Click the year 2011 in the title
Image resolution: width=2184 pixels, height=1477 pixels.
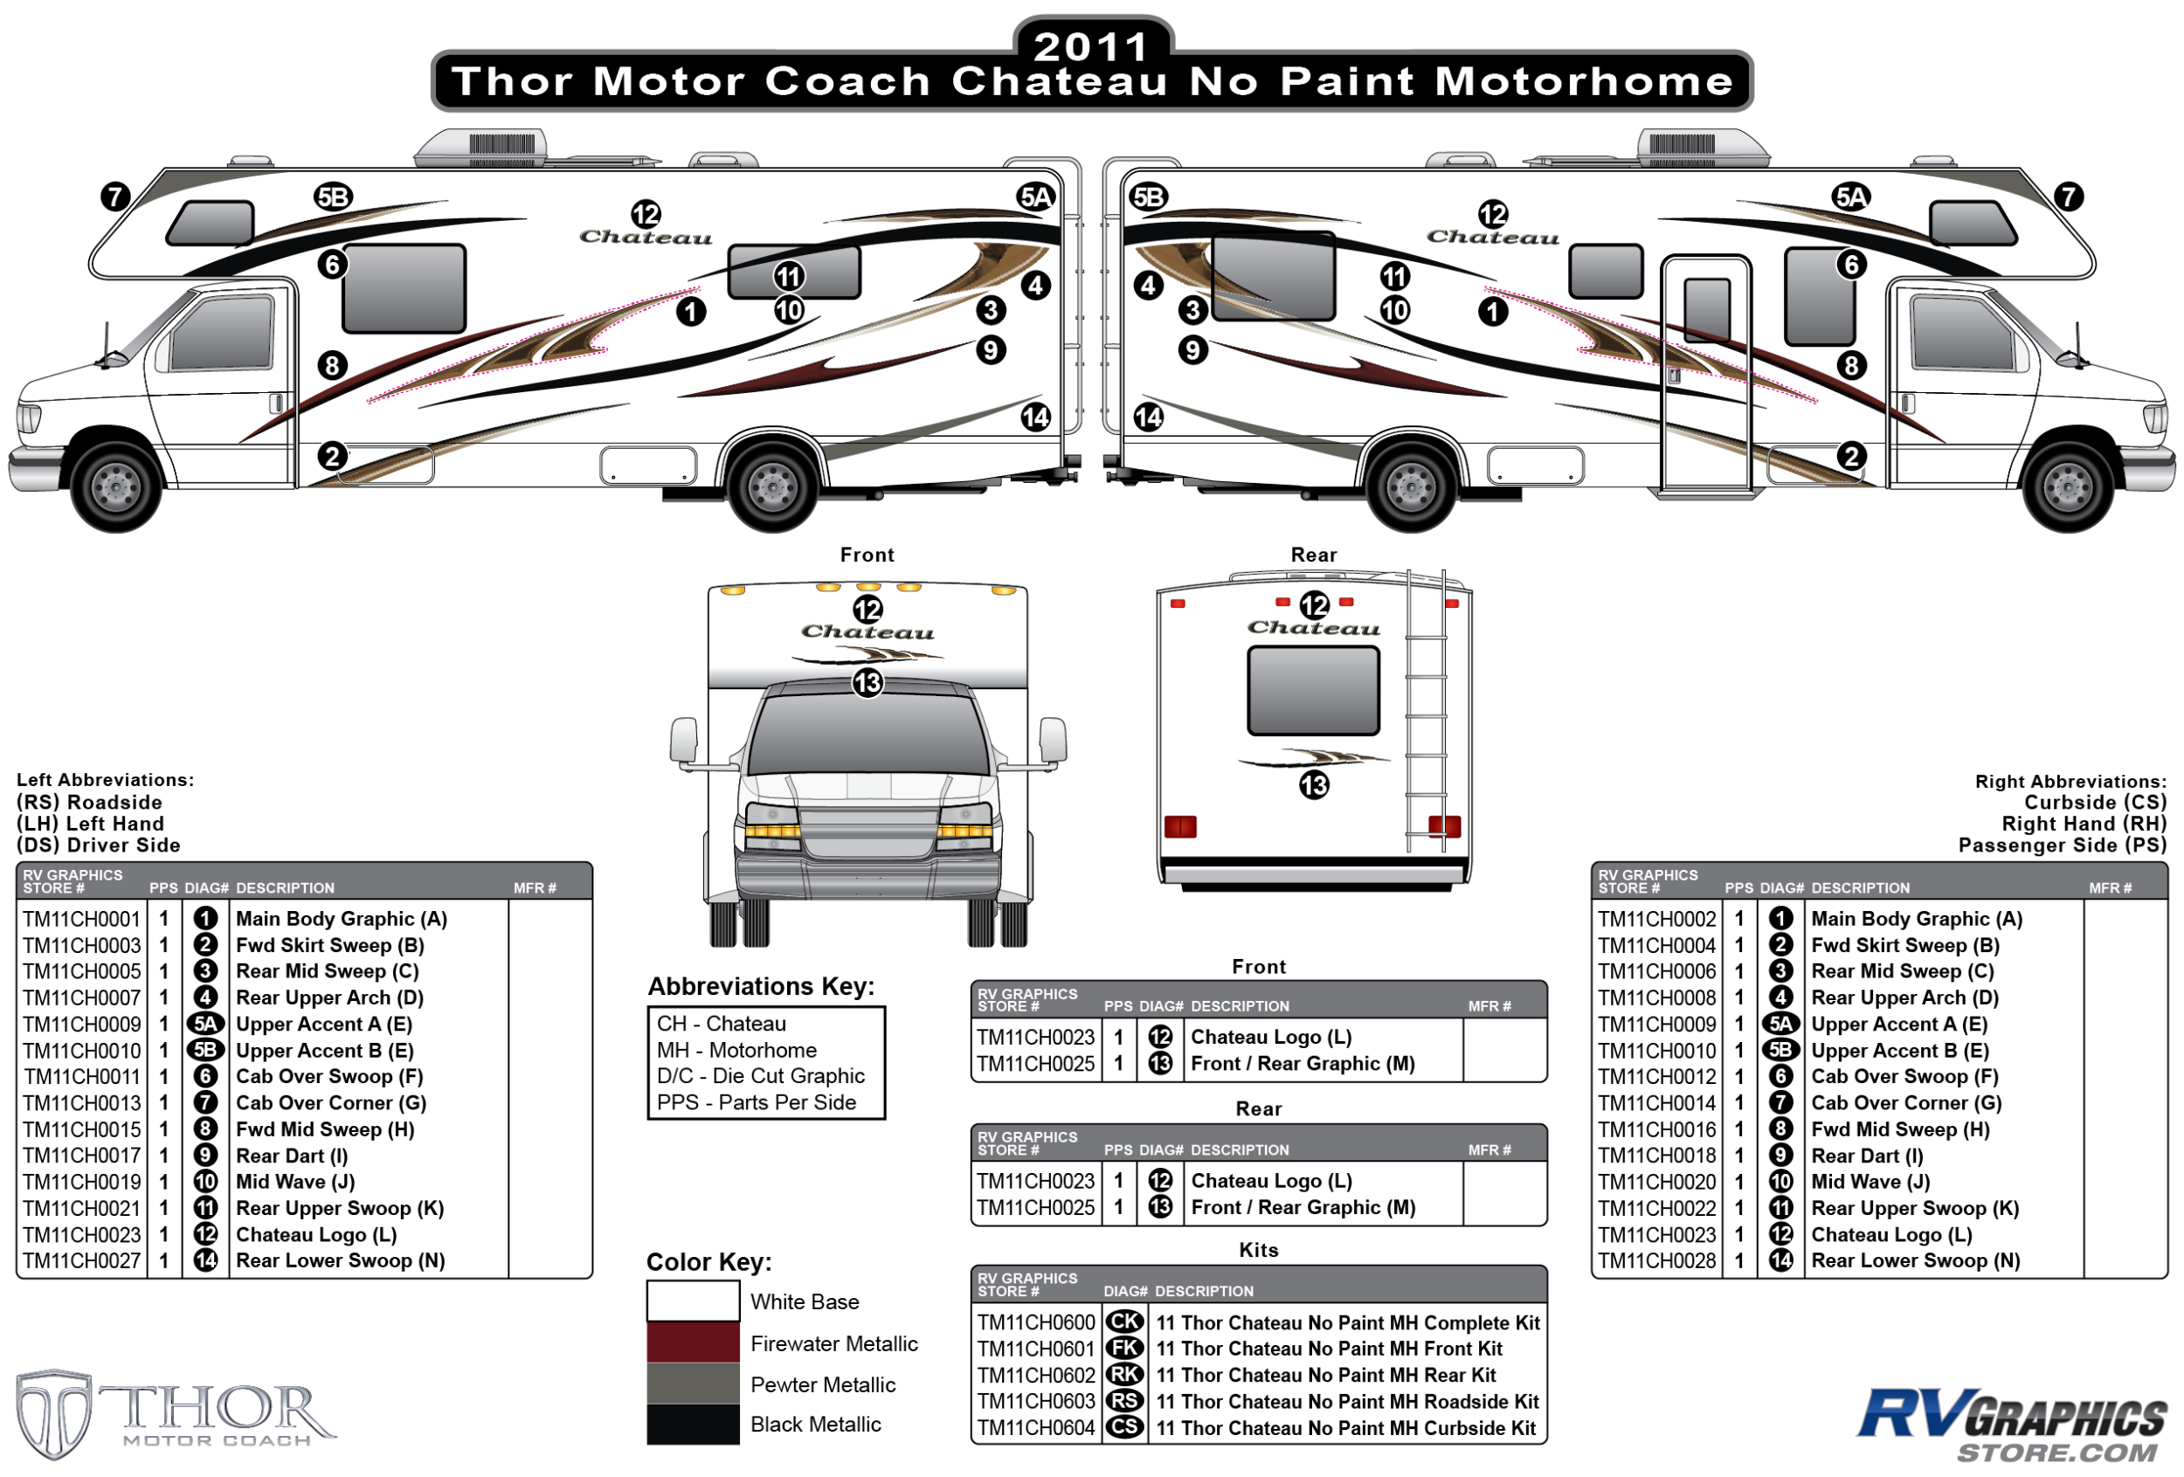coord(1091,46)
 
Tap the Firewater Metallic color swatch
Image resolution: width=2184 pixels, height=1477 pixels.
coord(693,1342)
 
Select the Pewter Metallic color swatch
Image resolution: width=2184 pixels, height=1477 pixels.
coord(693,1383)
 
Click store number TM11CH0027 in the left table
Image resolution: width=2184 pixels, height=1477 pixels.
coord(82,1261)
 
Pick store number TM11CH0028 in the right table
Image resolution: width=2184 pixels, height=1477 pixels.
coord(1657,1261)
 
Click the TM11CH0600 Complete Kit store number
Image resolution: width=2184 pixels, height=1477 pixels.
coord(1035,1322)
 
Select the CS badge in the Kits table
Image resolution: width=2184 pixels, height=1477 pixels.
coord(1124,1427)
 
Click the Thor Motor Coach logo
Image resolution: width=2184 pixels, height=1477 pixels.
coord(174,1414)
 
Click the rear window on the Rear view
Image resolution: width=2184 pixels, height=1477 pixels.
coord(1313,691)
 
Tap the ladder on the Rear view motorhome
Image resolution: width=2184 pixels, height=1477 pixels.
coord(1426,714)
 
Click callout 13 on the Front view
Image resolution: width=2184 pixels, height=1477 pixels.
coord(867,683)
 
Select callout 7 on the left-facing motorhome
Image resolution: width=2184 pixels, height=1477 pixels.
coord(114,197)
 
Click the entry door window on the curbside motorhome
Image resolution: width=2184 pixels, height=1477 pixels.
coord(1707,310)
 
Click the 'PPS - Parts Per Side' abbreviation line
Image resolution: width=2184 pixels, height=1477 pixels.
coord(757,1102)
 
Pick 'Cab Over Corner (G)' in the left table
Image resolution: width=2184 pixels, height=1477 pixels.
coord(331,1103)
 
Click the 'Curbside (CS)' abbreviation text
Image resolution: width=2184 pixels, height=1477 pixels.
coord(2095,803)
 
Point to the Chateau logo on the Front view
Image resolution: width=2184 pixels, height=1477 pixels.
coord(867,632)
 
